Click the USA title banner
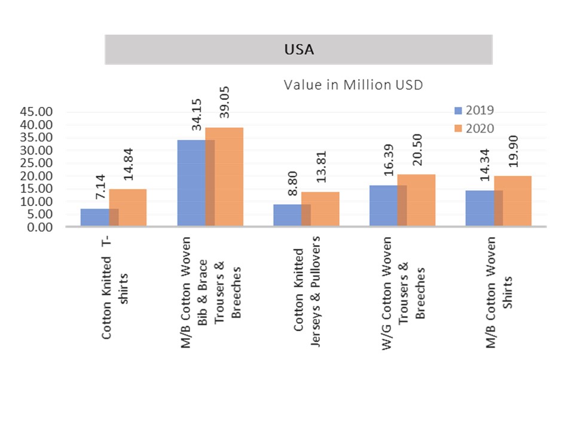coord(298,50)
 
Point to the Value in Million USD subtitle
coord(353,85)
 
